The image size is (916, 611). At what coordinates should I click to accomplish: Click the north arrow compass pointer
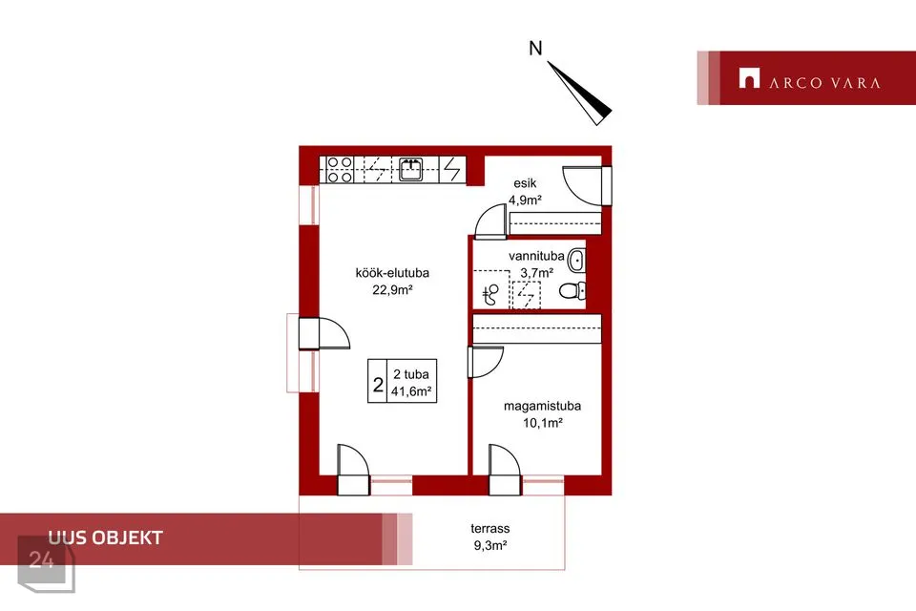[x=579, y=94]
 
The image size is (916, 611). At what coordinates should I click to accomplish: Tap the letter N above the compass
[x=535, y=48]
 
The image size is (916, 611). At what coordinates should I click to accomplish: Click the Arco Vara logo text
[x=824, y=83]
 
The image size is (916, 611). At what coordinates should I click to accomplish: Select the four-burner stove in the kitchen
[x=340, y=170]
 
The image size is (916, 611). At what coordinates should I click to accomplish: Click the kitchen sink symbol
[x=410, y=170]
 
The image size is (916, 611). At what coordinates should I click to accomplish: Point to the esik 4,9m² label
[x=525, y=192]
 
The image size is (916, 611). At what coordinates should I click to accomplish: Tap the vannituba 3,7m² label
[x=536, y=264]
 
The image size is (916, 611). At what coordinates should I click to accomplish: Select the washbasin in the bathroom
[x=576, y=261]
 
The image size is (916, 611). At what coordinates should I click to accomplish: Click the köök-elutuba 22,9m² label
[x=392, y=281]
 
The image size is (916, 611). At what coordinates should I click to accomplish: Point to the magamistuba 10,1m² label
[x=542, y=414]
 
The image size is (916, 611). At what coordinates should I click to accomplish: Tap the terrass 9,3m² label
[x=490, y=537]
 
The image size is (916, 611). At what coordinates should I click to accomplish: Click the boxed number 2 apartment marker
[x=378, y=385]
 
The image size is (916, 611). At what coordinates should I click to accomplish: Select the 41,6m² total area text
[x=411, y=391]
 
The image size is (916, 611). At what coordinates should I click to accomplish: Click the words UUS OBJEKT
[x=106, y=537]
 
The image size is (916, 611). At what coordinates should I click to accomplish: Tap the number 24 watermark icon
[x=46, y=563]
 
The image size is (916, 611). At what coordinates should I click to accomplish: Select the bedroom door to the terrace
[x=505, y=470]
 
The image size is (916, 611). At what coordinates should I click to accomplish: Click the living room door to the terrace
[x=353, y=470]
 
